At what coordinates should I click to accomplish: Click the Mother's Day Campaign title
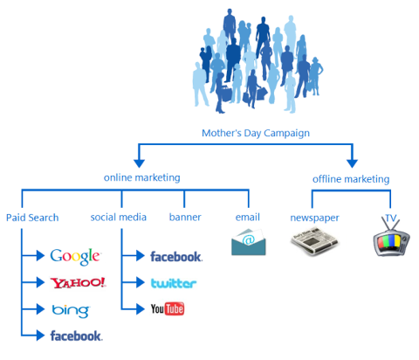point(256,133)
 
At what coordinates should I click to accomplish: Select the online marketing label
point(142,177)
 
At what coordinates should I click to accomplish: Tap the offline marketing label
point(351,179)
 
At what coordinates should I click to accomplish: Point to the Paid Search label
point(32,218)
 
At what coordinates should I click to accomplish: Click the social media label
point(119,218)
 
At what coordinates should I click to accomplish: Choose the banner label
point(185,218)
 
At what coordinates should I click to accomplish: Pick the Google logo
point(75,257)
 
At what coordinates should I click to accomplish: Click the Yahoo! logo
point(78,282)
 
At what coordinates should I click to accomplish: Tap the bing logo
point(71,311)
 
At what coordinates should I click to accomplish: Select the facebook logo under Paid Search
point(76,336)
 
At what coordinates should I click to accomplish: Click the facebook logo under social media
point(176,257)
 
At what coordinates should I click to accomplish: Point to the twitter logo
point(174,283)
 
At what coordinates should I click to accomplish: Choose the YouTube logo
point(168,308)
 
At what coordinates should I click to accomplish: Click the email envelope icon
point(249,242)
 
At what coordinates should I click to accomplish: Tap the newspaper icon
point(314,241)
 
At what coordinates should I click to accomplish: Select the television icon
point(391,239)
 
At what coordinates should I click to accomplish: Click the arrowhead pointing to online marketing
point(139,163)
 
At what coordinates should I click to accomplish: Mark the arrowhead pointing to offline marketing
point(352,163)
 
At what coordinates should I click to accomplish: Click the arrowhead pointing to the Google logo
point(40,255)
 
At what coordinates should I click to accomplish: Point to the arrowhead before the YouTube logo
point(141,308)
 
